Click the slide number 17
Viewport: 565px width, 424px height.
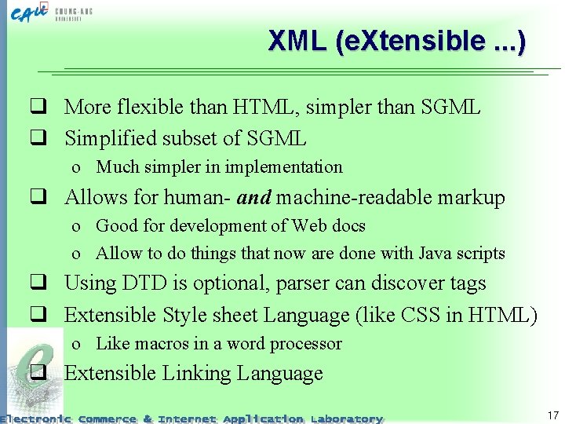click(553, 415)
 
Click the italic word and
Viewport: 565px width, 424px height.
click(254, 197)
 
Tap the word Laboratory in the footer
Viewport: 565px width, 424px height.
click(346, 419)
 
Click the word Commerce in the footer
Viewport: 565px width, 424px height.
click(108, 419)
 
